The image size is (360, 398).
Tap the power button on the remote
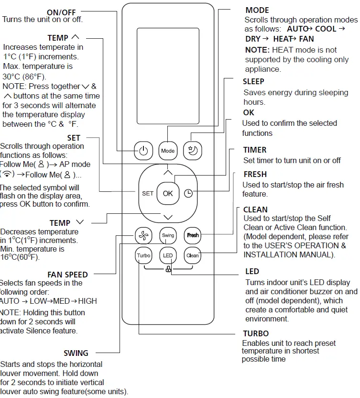[x=143, y=150]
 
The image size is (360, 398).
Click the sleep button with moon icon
[x=194, y=150]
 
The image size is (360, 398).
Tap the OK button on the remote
[x=168, y=193]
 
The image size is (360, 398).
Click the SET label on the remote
[x=148, y=193]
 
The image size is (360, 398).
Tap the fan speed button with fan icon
[x=143, y=235]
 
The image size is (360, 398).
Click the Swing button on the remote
[x=168, y=235]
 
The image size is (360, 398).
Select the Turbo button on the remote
[x=143, y=255]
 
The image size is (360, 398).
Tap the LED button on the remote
[x=168, y=255]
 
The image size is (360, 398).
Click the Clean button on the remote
[x=193, y=255]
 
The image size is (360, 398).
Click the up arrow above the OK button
[x=168, y=171]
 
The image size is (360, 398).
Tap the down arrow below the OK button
[x=168, y=216]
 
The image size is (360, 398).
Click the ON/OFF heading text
[x=61, y=11]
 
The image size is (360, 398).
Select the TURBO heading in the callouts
[x=256, y=333]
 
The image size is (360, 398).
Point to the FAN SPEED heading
[x=67, y=275]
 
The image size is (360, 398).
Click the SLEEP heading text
[x=253, y=81]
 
